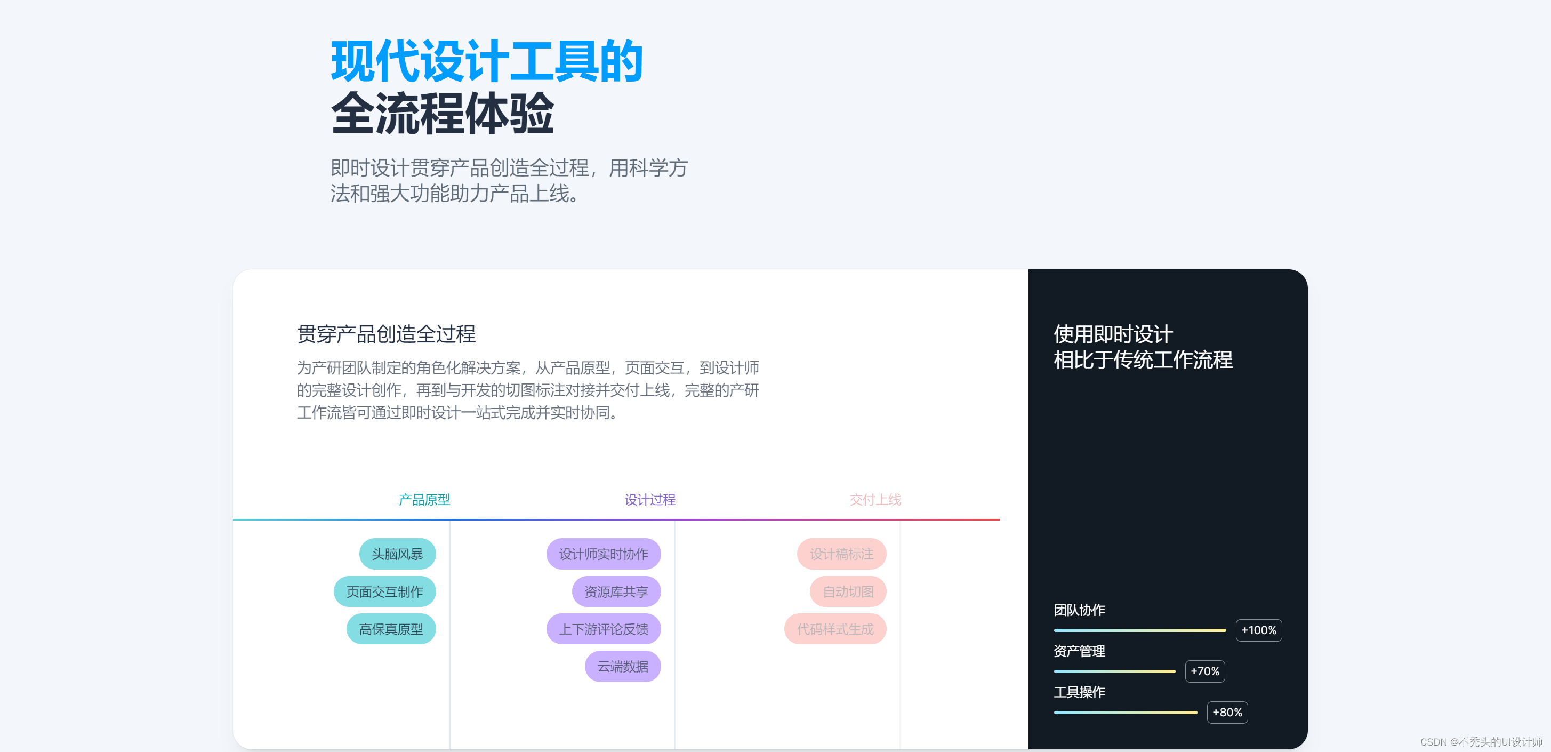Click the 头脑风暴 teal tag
pyautogui.click(x=397, y=554)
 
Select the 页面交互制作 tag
pyautogui.click(x=385, y=592)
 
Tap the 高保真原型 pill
pyautogui.click(x=391, y=629)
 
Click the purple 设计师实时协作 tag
pyautogui.click(x=604, y=554)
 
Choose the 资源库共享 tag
pyautogui.click(x=616, y=592)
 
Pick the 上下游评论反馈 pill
pyautogui.click(x=604, y=629)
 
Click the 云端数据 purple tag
pyautogui.click(x=623, y=667)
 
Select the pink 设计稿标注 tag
pyautogui.click(x=841, y=554)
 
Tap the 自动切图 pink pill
pyautogui.click(x=848, y=592)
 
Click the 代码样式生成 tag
pyautogui.click(x=835, y=629)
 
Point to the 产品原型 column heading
pyautogui.click(x=424, y=500)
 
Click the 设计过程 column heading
pyautogui.click(x=649, y=500)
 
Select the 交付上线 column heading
pyautogui.click(x=875, y=500)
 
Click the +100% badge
pyautogui.click(x=1258, y=630)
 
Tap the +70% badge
pyautogui.click(x=1204, y=671)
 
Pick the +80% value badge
pyautogui.click(x=1227, y=712)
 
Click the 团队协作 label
pyautogui.click(x=1079, y=610)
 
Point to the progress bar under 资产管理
pyautogui.click(x=1114, y=671)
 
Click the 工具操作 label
pyautogui.click(x=1079, y=692)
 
